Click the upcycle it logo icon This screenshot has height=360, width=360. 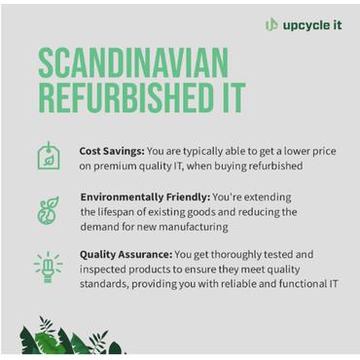tap(271, 24)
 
